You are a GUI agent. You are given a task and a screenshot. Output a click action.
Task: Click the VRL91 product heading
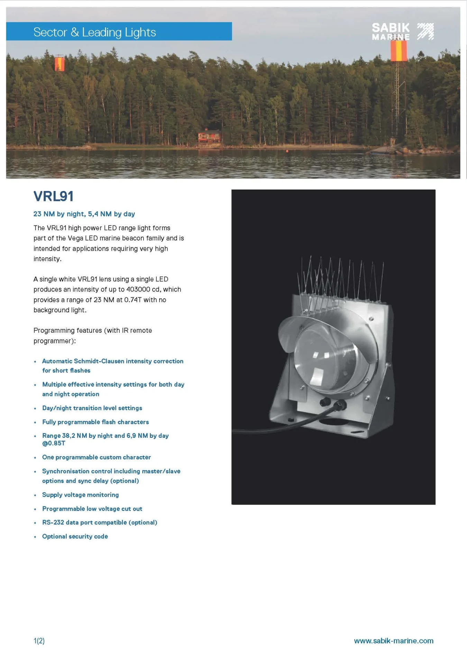53,196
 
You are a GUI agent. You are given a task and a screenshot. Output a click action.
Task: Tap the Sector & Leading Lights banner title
94,32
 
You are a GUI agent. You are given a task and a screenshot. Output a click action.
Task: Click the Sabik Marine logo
402,31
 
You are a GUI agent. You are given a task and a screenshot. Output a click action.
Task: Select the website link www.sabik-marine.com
393,641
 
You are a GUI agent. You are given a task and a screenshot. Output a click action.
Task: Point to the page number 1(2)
39,641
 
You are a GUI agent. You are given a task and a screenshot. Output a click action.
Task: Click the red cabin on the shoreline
209,136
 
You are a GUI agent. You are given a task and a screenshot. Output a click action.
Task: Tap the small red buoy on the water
287,151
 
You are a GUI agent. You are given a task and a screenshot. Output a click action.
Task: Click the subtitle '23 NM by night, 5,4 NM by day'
84,214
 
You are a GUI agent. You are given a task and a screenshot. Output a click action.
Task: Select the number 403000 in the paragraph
138,289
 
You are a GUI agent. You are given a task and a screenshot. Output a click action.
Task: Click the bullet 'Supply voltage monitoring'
80,495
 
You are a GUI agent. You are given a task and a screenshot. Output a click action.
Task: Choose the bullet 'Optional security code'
75,536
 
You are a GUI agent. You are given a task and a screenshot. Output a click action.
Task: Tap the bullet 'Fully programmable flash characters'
95,422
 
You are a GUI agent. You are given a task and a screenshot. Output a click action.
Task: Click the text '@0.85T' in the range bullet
54,443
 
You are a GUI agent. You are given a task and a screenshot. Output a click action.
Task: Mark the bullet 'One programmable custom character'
96,457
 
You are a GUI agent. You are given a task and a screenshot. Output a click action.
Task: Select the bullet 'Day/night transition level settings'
92,408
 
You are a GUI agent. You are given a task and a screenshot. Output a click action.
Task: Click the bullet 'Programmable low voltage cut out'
92,509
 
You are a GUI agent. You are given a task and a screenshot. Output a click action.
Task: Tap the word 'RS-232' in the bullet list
53,523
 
